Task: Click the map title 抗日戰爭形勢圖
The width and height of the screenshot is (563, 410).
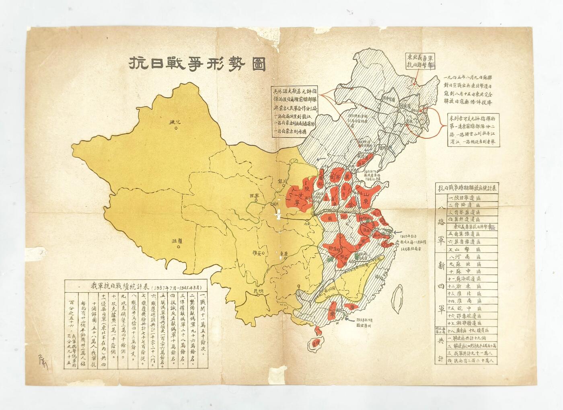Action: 197,64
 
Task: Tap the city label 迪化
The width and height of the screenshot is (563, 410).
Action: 176,121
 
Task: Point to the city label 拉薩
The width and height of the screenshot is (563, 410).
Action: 177,241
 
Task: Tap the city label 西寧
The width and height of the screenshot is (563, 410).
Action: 255,195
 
